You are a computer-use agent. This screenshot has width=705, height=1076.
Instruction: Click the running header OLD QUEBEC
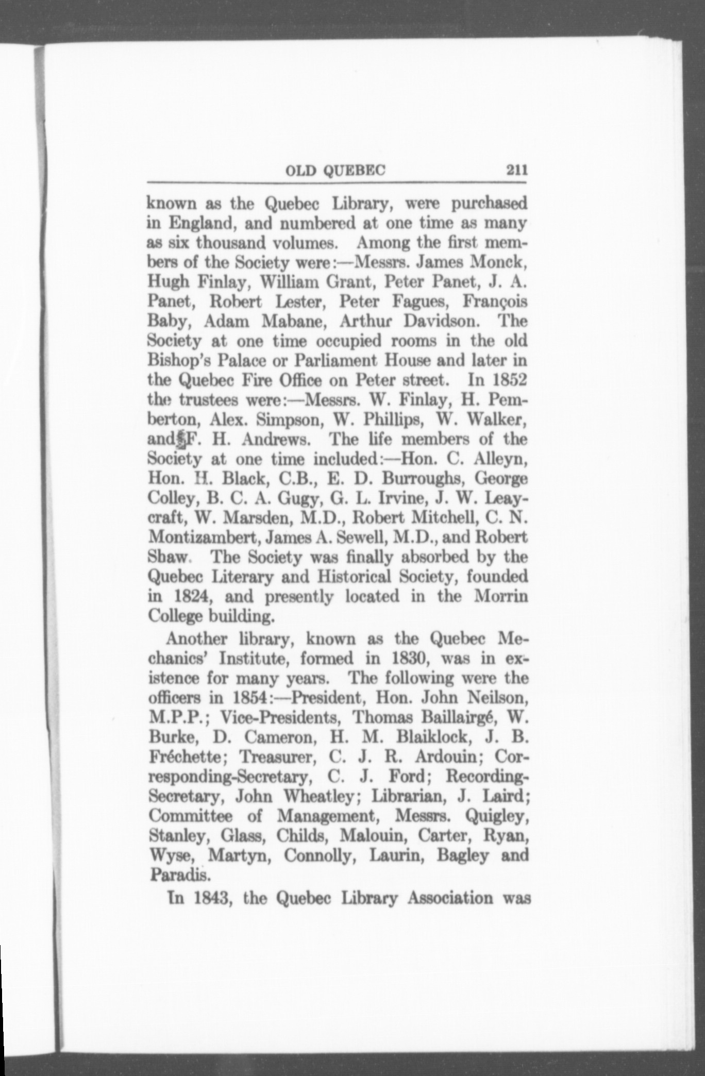pyautogui.click(x=335, y=170)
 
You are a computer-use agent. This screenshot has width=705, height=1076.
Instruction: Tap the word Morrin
pyautogui.click(x=501, y=596)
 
